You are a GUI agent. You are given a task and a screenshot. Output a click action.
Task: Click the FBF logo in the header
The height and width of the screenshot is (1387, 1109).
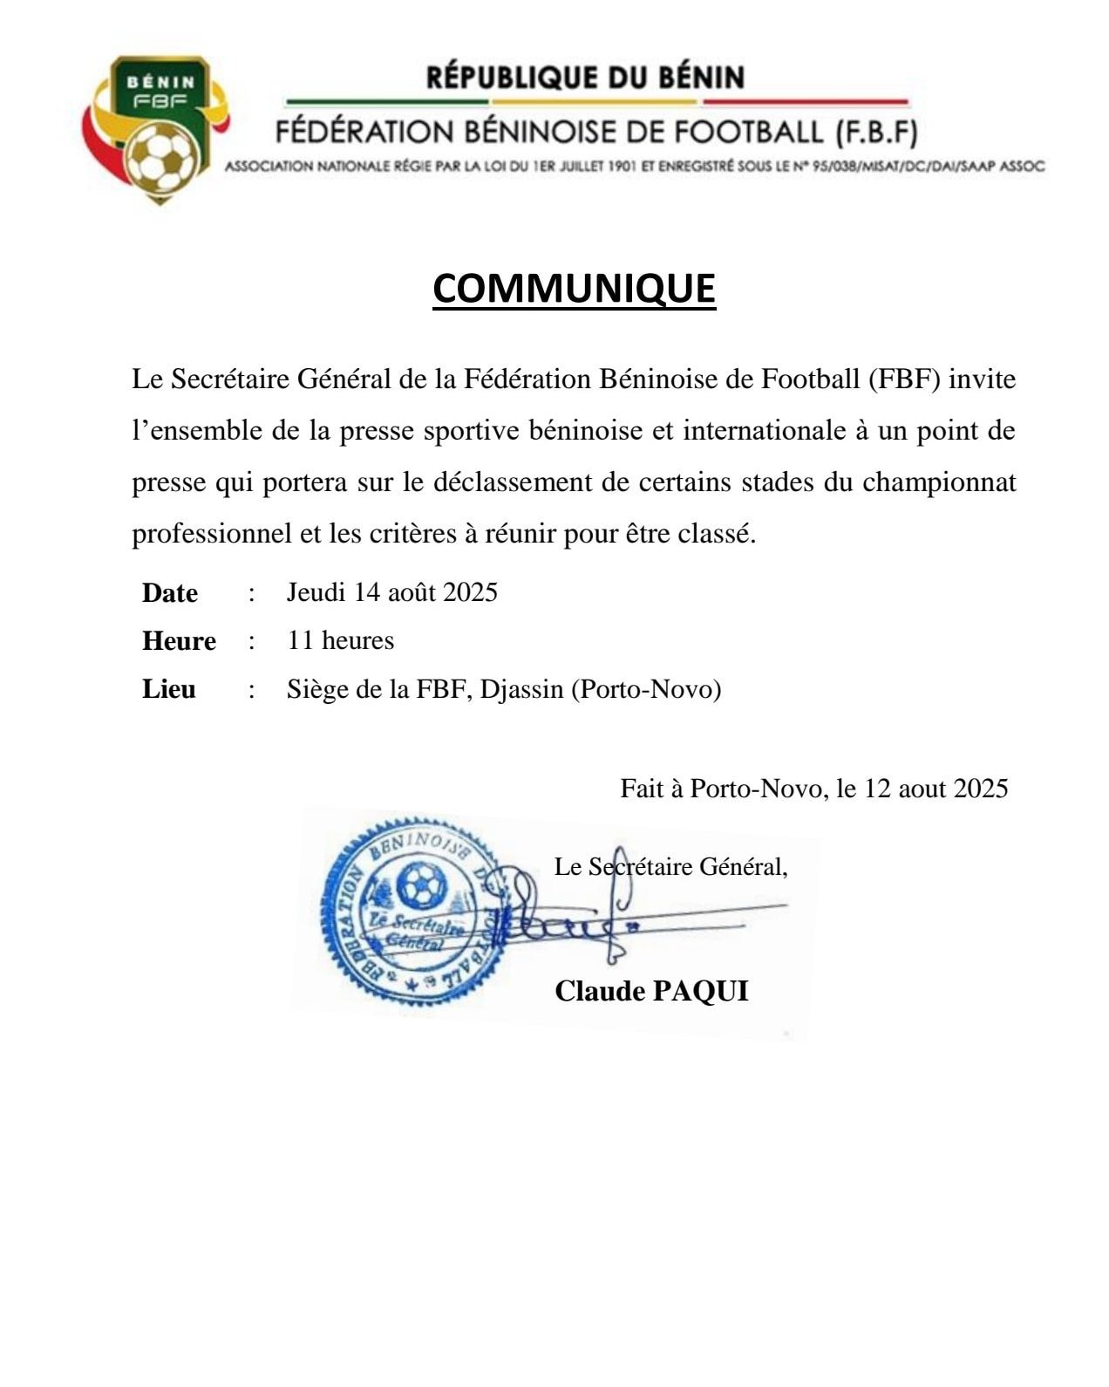click(157, 129)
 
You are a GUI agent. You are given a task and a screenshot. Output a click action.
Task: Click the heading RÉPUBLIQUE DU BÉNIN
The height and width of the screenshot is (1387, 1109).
click(585, 78)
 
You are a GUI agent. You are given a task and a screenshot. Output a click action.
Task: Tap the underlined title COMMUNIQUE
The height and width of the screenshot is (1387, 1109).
click(574, 288)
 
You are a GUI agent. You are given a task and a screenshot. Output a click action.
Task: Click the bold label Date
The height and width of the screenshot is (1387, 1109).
click(170, 593)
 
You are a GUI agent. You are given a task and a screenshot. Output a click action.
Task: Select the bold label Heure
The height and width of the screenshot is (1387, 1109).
click(179, 641)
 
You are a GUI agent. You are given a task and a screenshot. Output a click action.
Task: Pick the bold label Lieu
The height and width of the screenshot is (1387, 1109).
click(169, 689)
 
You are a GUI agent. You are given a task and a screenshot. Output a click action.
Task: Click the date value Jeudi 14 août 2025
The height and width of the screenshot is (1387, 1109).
click(392, 592)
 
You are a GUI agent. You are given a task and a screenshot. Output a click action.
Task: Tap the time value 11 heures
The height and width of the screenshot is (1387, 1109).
click(341, 640)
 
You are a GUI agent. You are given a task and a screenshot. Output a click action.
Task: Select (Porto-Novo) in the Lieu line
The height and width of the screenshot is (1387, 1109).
click(646, 689)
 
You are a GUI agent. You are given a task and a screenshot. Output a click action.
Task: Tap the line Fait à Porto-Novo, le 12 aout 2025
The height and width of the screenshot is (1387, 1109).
click(813, 789)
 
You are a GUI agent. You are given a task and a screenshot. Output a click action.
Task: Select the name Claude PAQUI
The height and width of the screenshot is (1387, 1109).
click(651, 991)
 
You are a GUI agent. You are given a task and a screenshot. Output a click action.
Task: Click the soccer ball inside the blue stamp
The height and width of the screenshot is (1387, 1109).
click(422, 885)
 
